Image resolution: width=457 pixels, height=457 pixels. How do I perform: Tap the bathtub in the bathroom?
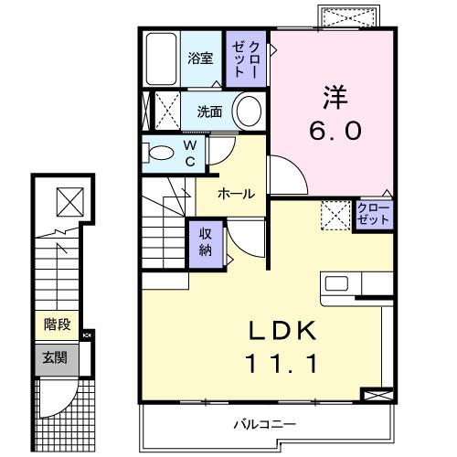(162, 60)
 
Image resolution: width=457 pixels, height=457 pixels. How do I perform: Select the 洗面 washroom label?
(209, 112)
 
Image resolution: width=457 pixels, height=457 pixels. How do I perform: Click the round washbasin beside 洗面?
(247, 112)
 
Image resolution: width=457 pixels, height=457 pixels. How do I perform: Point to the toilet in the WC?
(160, 154)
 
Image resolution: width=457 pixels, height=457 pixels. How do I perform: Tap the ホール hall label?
(236, 193)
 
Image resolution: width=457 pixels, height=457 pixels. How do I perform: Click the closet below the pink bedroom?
(373, 218)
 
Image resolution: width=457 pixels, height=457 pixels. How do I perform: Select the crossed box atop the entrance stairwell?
(68, 198)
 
